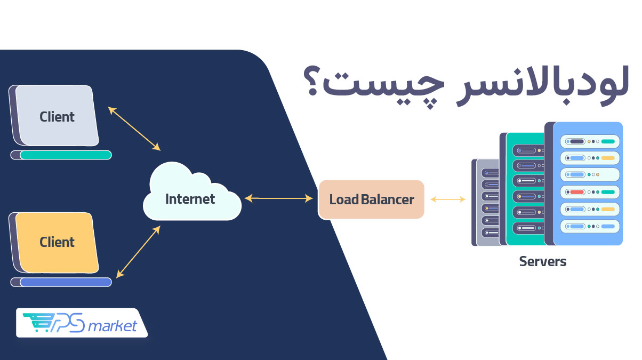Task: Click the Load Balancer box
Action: pyautogui.click(x=371, y=199)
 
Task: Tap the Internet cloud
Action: pyautogui.click(x=190, y=199)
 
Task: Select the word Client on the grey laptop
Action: pyautogui.click(x=57, y=116)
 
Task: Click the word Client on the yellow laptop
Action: pyautogui.click(x=57, y=242)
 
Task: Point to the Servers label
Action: pyautogui.click(x=542, y=261)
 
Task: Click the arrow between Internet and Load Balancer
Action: pyautogui.click(x=278, y=199)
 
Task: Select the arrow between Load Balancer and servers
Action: pyautogui.click(x=447, y=199)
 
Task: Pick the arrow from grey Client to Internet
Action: pyautogui.click(x=134, y=128)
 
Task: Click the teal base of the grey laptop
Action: pyautogui.click(x=65, y=155)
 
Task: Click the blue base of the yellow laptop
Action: pyautogui.click(x=65, y=282)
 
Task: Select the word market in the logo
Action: pyautogui.click(x=112, y=325)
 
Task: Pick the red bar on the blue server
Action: pyautogui.click(x=576, y=192)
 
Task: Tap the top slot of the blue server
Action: pyautogui.click(x=590, y=141)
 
